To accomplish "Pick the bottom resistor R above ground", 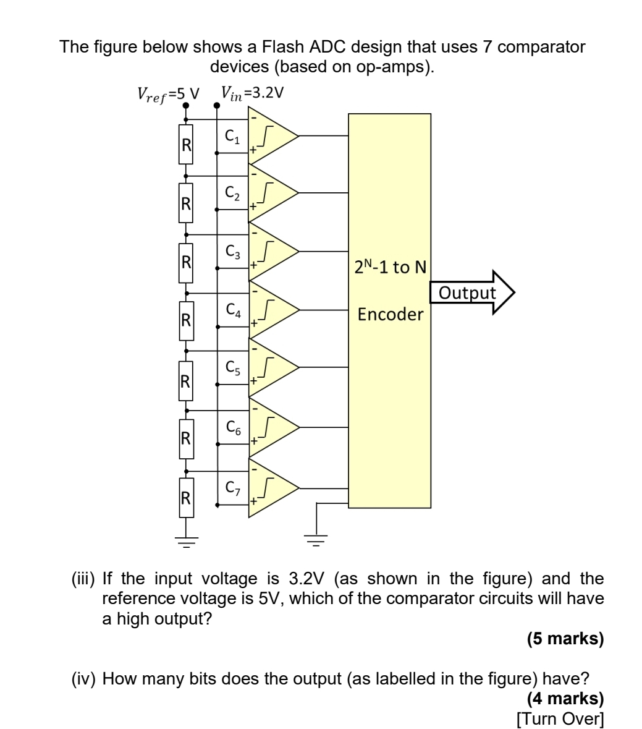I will coord(186,496).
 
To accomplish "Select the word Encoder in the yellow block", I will coord(391,315).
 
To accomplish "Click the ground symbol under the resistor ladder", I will coord(186,540).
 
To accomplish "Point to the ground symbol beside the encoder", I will coord(317,539).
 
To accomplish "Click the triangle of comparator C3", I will coord(272,252).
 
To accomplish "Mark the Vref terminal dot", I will coord(186,105).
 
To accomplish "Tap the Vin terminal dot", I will coord(217,105).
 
